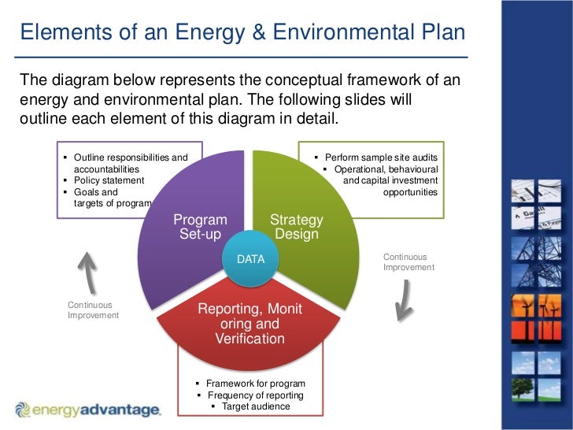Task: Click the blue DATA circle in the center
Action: click(251, 259)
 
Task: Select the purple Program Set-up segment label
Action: click(200, 227)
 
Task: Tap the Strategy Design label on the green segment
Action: click(296, 227)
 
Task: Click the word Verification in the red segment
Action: click(250, 339)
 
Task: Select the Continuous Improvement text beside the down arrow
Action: click(408, 262)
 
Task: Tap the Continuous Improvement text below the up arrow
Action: click(93, 310)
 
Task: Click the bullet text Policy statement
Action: click(109, 180)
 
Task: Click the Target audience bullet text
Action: click(256, 406)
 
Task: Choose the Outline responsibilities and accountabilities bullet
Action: click(130, 163)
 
